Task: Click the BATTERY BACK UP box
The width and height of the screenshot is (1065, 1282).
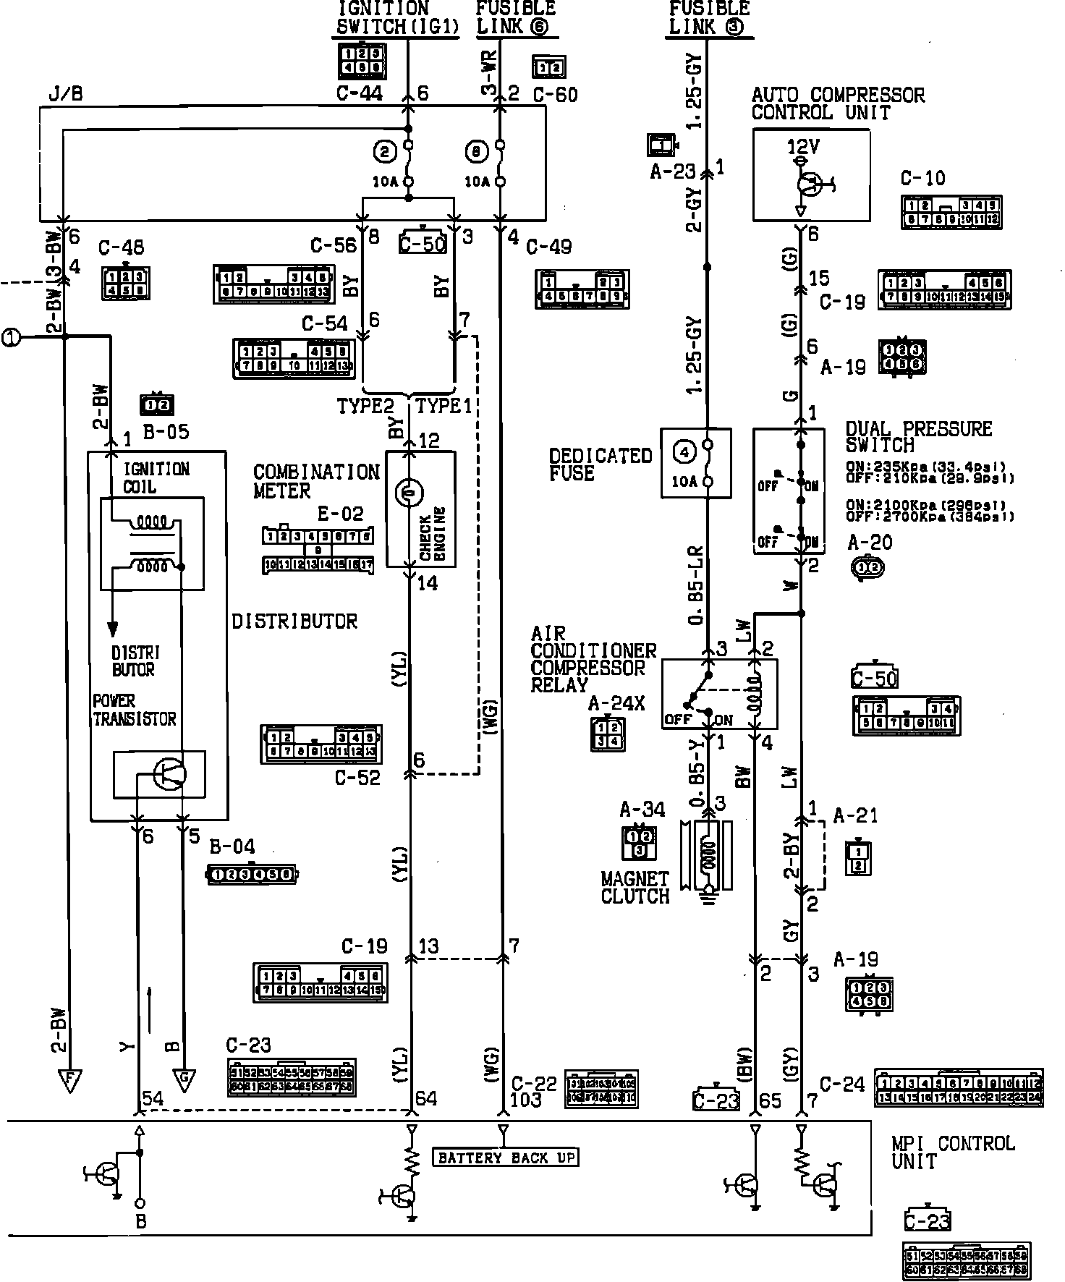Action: tap(506, 1158)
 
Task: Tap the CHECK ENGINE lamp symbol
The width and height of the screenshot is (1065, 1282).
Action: tap(408, 493)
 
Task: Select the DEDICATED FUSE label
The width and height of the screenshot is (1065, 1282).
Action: tap(600, 464)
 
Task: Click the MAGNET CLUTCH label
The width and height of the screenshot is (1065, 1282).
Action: tap(635, 888)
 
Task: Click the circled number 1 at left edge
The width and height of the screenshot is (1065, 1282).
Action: tap(11, 337)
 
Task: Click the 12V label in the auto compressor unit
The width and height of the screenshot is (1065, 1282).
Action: tap(803, 148)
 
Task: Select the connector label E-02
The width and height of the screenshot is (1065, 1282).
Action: tap(341, 514)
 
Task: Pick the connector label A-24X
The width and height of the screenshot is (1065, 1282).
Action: tap(616, 702)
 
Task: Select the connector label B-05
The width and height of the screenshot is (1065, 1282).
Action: tap(166, 432)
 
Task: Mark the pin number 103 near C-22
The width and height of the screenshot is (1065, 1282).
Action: tap(526, 1100)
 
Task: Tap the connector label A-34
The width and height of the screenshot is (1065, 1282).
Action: tap(642, 810)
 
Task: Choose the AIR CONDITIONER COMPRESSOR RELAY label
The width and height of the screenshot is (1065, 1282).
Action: tap(593, 659)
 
